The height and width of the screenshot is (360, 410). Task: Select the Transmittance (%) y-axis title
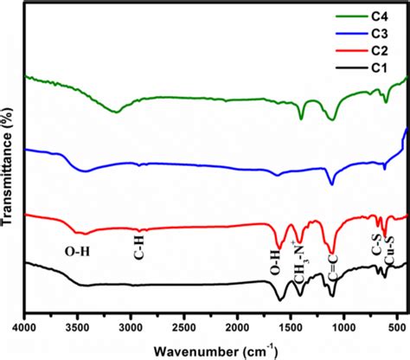[x=9, y=160]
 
